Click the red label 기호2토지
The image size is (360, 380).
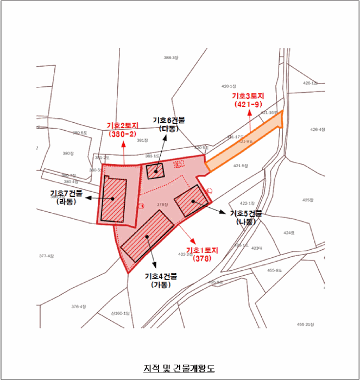[x=124, y=125]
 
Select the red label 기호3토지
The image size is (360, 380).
[x=248, y=95]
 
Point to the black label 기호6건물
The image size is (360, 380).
[x=168, y=120]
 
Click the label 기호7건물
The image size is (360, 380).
[x=66, y=193]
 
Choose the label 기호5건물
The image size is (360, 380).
[x=246, y=213]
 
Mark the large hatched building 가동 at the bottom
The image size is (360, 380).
[x=147, y=236]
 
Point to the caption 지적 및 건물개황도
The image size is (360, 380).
[x=179, y=369]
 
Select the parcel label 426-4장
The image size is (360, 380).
[x=318, y=130]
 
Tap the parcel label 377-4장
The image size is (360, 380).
[x=47, y=256]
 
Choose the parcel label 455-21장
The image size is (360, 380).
[x=306, y=324]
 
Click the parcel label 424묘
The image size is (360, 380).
[x=288, y=233]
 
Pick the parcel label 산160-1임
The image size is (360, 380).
[x=120, y=313]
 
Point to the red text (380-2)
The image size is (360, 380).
[x=124, y=134]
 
